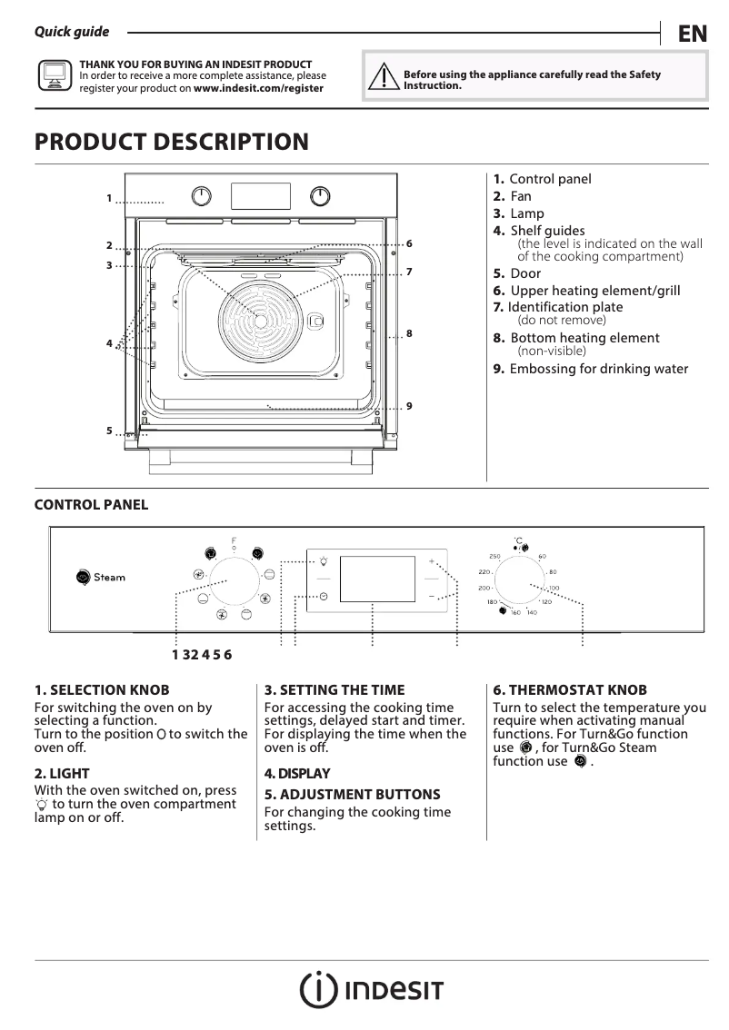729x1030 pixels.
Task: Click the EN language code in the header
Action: (692, 34)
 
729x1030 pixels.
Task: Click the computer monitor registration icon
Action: (55, 76)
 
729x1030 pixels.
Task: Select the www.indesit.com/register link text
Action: (258, 88)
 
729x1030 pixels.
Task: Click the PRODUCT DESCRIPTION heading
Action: (171, 143)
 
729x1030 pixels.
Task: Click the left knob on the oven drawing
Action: (202, 196)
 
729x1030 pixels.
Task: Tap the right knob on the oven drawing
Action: (320, 196)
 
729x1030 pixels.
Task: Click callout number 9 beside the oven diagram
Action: (410, 405)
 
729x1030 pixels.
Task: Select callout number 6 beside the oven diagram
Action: (410, 243)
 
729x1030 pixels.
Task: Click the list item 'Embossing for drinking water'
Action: (598, 369)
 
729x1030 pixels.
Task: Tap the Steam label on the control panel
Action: (110, 577)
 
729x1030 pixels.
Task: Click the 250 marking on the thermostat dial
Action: (495, 556)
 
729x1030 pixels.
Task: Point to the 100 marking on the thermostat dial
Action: (554, 588)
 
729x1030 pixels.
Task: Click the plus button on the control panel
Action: (432, 562)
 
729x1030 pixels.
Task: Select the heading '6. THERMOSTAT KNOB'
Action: (570, 690)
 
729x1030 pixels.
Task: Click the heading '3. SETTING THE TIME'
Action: (335, 690)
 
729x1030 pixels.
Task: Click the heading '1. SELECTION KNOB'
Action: (102, 690)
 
